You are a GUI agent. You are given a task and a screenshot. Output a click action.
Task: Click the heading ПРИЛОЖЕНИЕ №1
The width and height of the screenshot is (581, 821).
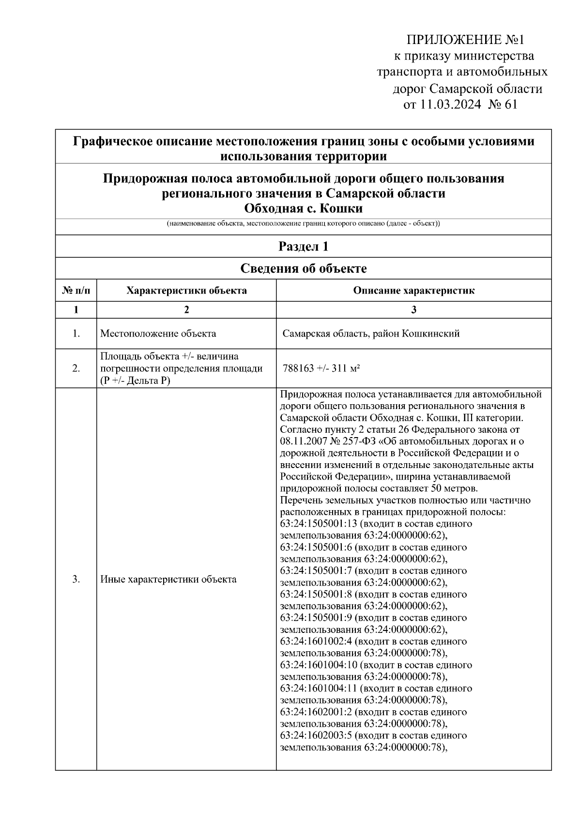pyautogui.click(x=465, y=39)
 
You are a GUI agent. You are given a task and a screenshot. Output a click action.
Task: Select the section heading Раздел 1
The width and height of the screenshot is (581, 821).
pyautogui.click(x=303, y=247)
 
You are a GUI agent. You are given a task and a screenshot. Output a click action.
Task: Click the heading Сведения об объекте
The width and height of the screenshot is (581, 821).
pyautogui.click(x=303, y=269)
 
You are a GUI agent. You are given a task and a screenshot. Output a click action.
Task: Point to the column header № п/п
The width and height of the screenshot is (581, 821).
pyautogui.click(x=76, y=291)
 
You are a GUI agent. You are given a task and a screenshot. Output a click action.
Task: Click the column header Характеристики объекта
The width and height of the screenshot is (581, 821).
pyautogui.click(x=186, y=291)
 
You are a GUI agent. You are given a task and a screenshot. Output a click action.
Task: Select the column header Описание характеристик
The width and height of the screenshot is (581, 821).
pyautogui.click(x=413, y=291)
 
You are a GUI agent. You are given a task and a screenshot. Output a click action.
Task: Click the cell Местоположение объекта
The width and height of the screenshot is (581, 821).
pyautogui.click(x=158, y=334)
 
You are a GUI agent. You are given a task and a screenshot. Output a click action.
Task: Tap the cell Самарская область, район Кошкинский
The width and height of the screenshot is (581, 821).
pyautogui.click(x=371, y=334)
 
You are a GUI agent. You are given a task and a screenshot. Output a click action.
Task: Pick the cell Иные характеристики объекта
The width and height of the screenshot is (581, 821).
pyautogui.click(x=168, y=579)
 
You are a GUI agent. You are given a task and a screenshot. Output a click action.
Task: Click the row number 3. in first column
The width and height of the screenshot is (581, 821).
pyautogui.click(x=76, y=579)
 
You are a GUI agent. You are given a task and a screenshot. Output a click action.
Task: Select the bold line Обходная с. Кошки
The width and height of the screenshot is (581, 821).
pyautogui.click(x=303, y=209)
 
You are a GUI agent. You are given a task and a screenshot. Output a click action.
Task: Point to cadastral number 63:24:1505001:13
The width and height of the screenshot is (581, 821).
pyautogui.click(x=318, y=524)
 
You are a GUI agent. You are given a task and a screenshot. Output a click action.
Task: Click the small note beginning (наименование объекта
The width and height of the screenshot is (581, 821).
pyautogui.click(x=303, y=224)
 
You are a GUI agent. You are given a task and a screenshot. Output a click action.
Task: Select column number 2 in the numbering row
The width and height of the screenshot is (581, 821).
pyautogui.click(x=186, y=310)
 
